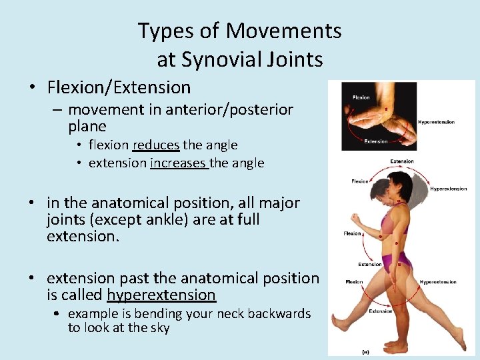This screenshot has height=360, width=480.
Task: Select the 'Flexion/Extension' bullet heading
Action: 119,87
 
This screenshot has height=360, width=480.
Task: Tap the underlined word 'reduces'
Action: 156,145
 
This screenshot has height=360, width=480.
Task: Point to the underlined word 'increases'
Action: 179,163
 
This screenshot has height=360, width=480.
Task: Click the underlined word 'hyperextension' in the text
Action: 161,295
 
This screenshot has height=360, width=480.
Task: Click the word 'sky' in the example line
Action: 160,327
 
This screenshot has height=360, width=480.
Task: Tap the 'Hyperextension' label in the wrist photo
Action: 436,122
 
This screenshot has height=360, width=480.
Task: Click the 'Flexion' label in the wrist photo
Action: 361,97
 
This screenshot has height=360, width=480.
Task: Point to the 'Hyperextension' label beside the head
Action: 448,189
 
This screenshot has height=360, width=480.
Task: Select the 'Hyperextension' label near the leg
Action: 437,282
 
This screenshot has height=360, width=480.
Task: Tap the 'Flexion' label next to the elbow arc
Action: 352,233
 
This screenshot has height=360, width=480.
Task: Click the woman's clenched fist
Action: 355,221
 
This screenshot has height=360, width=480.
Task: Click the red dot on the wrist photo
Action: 386,109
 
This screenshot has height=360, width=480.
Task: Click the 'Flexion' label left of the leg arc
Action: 354,282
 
